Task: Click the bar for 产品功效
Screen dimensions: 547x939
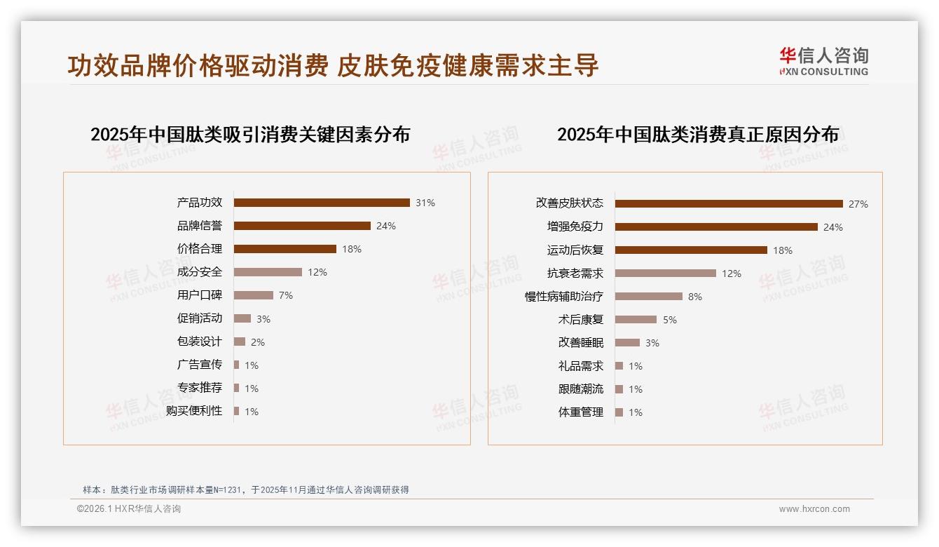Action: pos(322,203)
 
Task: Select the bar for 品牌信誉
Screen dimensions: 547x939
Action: pos(302,226)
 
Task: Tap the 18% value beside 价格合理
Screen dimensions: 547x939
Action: pos(352,249)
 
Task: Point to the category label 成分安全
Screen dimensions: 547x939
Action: pos(200,272)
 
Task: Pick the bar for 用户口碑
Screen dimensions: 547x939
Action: pos(254,295)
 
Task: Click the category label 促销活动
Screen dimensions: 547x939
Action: pos(200,318)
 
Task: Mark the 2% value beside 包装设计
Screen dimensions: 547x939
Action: pos(258,342)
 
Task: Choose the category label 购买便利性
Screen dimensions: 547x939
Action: pos(194,411)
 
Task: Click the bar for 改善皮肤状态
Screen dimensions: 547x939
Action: pos(729,204)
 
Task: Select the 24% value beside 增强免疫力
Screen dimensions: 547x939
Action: pos(833,227)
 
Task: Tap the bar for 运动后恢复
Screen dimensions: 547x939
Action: pos(691,250)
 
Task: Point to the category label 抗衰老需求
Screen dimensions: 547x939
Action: pos(575,273)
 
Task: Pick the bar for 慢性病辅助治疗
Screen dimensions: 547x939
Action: pos(649,297)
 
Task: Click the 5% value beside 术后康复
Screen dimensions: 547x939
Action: pos(670,320)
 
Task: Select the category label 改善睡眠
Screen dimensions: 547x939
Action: pos(581,343)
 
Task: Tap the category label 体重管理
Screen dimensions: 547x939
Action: pos(581,412)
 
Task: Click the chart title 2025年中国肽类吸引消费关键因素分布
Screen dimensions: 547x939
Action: pos(250,135)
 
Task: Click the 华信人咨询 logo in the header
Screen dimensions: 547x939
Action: pos(824,62)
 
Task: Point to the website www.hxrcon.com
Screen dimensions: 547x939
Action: pos(814,509)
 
